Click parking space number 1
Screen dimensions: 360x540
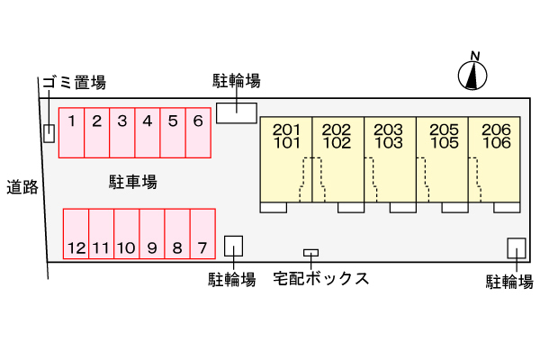71,133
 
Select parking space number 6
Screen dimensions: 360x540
198,133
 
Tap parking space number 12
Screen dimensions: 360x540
76,234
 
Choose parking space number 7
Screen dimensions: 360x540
203,234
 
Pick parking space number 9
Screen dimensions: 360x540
152,234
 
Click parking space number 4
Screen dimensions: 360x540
147,133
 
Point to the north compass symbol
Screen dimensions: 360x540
472,75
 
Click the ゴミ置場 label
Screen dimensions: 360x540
73,83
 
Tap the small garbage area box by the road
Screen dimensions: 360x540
49,132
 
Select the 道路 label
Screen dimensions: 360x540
22,187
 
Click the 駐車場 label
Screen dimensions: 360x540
126,183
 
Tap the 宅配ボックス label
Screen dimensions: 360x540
321,278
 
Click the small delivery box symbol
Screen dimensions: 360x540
310,253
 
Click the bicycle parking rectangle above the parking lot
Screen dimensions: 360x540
236,112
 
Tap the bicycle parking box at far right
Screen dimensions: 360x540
517,248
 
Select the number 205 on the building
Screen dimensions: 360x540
444,129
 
